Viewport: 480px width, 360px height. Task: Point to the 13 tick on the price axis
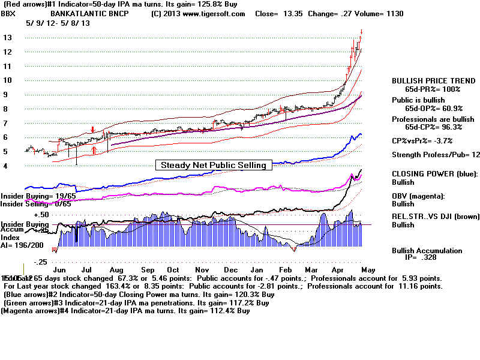[8, 37]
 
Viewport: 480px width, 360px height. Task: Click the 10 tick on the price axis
[8, 80]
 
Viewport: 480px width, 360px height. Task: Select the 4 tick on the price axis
[6, 166]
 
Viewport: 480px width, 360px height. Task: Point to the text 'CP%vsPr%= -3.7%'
[422, 140]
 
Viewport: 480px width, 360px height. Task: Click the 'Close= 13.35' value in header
[277, 14]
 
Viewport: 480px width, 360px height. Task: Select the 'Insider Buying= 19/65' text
[37, 196]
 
